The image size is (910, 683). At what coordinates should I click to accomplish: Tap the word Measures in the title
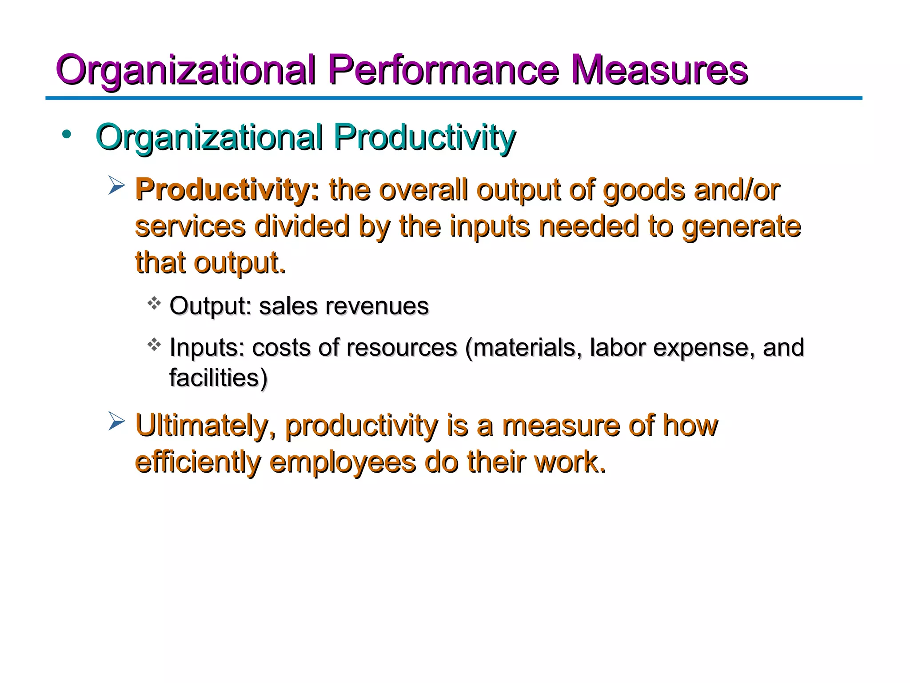pos(659,70)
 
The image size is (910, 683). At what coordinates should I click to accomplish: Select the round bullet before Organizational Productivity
pos(67,134)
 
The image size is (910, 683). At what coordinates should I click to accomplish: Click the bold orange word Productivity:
pos(227,190)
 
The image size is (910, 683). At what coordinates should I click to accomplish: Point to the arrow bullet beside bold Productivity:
pos(116,185)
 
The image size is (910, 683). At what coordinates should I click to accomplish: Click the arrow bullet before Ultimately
pos(116,421)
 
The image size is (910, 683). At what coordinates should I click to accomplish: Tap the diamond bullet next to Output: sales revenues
pos(154,303)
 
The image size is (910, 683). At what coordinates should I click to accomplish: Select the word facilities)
pos(218,378)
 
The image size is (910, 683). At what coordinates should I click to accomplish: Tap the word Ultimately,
pos(205,426)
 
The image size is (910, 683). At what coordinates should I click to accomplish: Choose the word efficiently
pos(198,462)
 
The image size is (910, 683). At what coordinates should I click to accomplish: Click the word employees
pos(343,462)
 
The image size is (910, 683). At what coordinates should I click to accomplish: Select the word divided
pos(302,226)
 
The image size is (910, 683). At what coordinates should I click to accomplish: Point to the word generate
pos(741,226)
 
